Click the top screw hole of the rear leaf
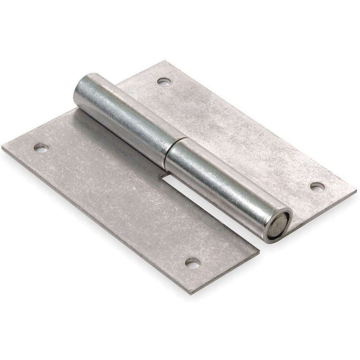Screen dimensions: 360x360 point(164,81)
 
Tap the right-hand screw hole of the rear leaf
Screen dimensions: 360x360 point(317,186)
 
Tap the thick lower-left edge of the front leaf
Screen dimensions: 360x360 point(94,223)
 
